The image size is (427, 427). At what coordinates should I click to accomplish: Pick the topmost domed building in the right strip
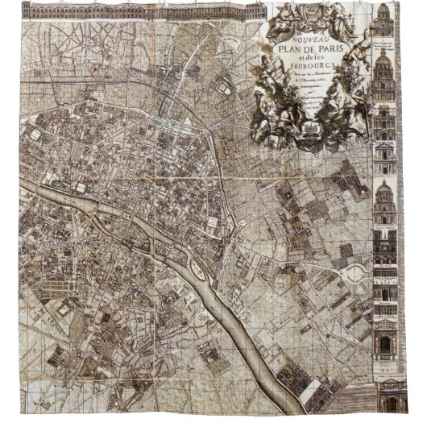pyautogui.click(x=383, y=24)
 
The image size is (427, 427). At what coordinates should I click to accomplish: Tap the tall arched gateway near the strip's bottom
pyautogui.click(x=385, y=342)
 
